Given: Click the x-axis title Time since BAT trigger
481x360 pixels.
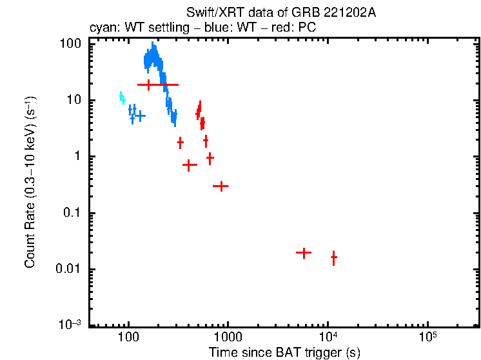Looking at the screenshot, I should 284,352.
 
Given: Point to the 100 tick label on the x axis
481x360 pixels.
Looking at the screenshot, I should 129,337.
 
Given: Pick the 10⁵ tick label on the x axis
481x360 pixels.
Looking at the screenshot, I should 427,336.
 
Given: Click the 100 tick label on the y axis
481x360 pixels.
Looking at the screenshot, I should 70,44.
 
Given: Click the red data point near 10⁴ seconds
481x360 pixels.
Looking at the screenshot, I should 334,258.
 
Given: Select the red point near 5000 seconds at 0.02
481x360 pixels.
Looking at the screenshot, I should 303,253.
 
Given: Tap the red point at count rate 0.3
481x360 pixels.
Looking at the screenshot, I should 221,186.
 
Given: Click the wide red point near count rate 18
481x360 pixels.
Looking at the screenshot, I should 157,85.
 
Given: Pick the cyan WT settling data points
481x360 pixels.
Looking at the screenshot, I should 122,97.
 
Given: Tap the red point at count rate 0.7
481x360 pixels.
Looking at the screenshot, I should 189,165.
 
